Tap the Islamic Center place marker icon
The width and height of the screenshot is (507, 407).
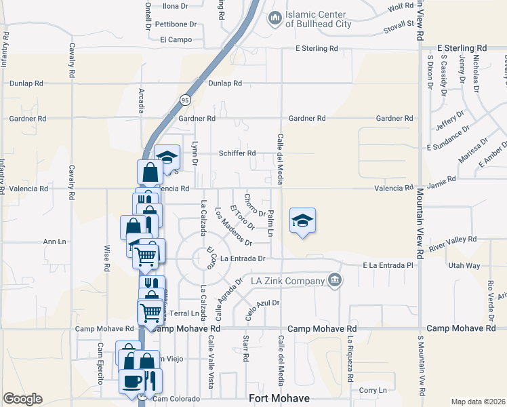(275, 18)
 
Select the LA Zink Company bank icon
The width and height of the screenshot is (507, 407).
(333, 280)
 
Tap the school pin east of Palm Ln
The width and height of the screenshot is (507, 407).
(303, 220)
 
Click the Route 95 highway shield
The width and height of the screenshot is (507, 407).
(184, 100)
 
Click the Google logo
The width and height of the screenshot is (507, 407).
(22, 399)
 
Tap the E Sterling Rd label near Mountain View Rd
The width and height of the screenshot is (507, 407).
(462, 48)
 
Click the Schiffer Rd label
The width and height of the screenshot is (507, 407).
(237, 153)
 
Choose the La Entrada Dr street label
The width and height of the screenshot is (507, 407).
(242, 258)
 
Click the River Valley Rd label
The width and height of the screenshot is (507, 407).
(453, 239)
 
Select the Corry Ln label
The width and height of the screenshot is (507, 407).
(373, 390)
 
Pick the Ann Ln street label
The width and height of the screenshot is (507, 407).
(54, 241)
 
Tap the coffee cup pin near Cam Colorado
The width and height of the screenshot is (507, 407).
(131, 380)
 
